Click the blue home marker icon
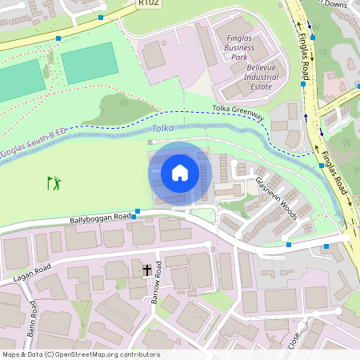tap(180, 173)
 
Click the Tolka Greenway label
tap(238, 113)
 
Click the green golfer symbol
tap(54, 184)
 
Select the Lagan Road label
tap(32, 271)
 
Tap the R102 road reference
tap(148, 3)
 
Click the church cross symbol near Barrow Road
tap(147, 270)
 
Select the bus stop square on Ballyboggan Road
tap(137, 212)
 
